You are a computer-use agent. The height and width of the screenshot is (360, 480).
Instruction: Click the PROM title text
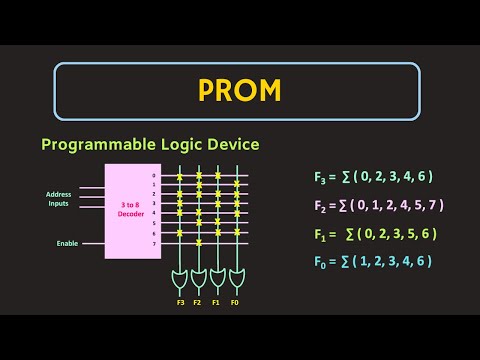click(240, 92)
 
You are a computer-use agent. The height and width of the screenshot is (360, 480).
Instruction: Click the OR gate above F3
click(180, 276)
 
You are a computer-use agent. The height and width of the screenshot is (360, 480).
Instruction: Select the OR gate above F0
click(236, 276)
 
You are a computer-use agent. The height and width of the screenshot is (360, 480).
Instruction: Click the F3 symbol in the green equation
click(320, 177)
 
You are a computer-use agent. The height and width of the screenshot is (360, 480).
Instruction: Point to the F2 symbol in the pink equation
click(320, 206)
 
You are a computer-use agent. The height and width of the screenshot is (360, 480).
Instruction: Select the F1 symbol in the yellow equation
click(320, 234)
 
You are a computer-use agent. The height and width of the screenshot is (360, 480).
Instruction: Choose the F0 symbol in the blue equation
click(320, 262)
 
